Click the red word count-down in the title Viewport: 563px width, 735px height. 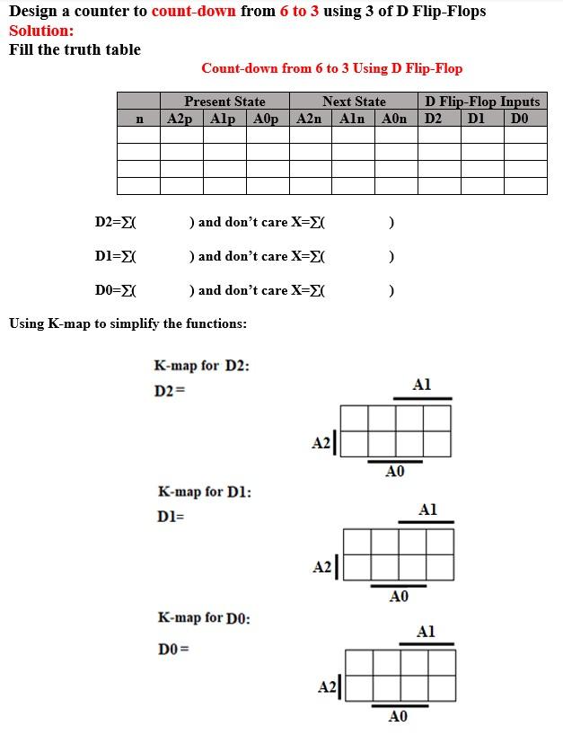pos(193,12)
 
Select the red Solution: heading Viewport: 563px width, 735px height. pos(41,31)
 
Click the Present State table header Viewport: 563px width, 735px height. pos(224,102)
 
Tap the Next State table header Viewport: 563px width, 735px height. pos(354,102)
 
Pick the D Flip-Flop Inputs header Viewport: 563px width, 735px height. pos(482,102)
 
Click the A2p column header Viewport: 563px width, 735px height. pos(180,118)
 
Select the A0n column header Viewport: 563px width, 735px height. pos(394,118)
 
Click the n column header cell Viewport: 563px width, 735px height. pos(138,118)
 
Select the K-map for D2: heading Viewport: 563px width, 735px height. pos(202,366)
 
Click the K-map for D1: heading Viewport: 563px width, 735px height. pos(205,491)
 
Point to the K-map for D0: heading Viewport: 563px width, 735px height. pos(204,617)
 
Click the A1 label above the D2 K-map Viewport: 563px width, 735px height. pos(422,385)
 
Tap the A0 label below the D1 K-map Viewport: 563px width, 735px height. pos(400,596)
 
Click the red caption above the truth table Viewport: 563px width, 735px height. pos(331,68)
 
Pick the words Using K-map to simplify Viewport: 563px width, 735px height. pos(90,323)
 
